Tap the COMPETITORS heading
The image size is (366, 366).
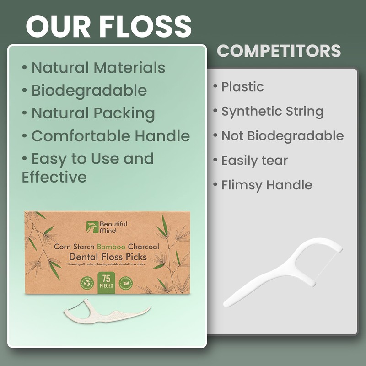pos(279,51)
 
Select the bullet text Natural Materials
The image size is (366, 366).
pos(98,68)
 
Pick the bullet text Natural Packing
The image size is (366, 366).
pos(93,113)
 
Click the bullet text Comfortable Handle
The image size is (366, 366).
pos(110,136)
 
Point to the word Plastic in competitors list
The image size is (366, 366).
pos(242,86)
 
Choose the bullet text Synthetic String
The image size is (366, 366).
pos(272,111)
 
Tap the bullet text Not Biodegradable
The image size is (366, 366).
pos(282,136)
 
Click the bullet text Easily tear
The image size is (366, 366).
pos(254,161)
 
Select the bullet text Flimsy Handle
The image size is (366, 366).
pos(267,185)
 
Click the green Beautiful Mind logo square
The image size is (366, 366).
pos(92,227)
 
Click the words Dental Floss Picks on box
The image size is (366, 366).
pos(108,257)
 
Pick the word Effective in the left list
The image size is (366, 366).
pos(54,177)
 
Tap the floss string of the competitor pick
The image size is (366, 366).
pos(327,265)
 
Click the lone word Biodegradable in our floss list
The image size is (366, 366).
pos(89,91)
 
